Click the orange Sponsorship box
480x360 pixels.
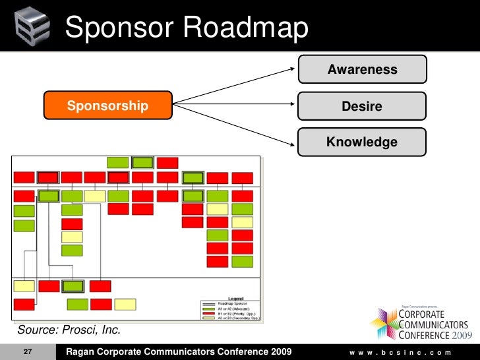pyautogui.click(x=107, y=105)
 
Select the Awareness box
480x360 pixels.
pyautogui.click(x=362, y=69)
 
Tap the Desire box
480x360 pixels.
pyautogui.click(x=362, y=105)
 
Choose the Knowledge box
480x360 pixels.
pyautogui.click(x=362, y=142)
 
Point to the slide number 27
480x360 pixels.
pyautogui.click(x=28, y=352)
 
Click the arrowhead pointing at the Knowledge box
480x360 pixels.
pyautogui.click(x=293, y=140)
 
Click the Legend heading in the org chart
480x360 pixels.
pyautogui.click(x=235, y=298)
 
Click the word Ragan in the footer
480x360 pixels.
pyautogui.click(x=82, y=352)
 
